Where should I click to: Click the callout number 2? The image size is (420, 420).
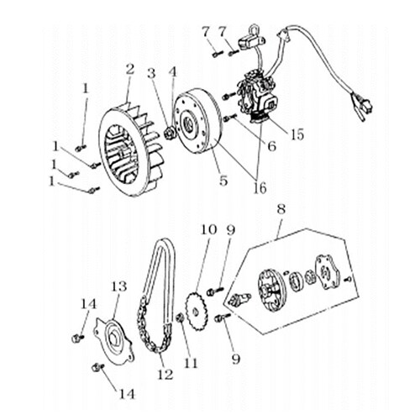[130, 69]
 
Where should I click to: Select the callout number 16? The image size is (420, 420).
[260, 188]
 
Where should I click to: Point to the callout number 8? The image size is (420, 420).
[281, 209]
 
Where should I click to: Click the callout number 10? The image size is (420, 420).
[209, 230]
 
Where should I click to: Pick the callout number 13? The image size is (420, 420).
[118, 286]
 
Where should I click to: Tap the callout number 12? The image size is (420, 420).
[165, 375]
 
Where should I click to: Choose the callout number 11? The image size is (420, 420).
[191, 363]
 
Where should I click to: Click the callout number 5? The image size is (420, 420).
[223, 181]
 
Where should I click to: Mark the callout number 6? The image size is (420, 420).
[272, 146]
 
